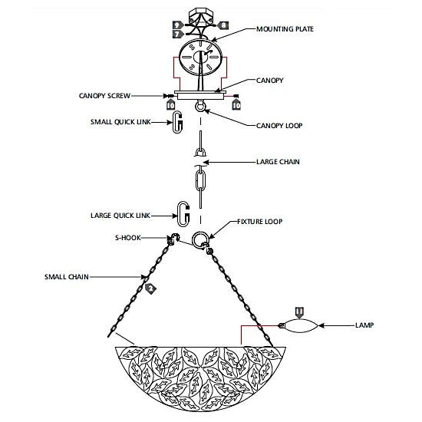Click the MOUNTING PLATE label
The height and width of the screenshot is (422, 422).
click(x=285, y=29)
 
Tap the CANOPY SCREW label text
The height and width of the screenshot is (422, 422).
click(x=104, y=96)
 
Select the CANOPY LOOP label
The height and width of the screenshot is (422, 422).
click(x=279, y=126)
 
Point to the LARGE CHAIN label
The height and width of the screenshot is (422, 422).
click(x=278, y=162)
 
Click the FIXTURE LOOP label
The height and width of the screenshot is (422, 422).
click(x=259, y=222)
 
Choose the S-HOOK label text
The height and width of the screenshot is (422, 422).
click(x=128, y=238)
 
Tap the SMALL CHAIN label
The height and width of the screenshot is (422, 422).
click(x=67, y=277)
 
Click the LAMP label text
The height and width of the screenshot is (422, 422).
click(x=364, y=325)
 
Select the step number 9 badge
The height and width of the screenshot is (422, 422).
click(x=178, y=25)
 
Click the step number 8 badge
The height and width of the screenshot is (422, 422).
click(x=223, y=25)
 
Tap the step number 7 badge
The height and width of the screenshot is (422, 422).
click(x=178, y=35)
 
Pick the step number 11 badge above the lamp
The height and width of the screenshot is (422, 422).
click(x=299, y=312)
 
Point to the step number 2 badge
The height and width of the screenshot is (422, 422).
click(x=150, y=288)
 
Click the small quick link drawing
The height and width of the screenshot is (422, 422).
click(x=177, y=122)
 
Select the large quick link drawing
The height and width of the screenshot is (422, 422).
click(x=183, y=214)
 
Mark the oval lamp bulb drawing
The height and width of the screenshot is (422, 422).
click(x=298, y=325)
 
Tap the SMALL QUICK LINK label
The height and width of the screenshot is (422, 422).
click(x=120, y=122)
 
